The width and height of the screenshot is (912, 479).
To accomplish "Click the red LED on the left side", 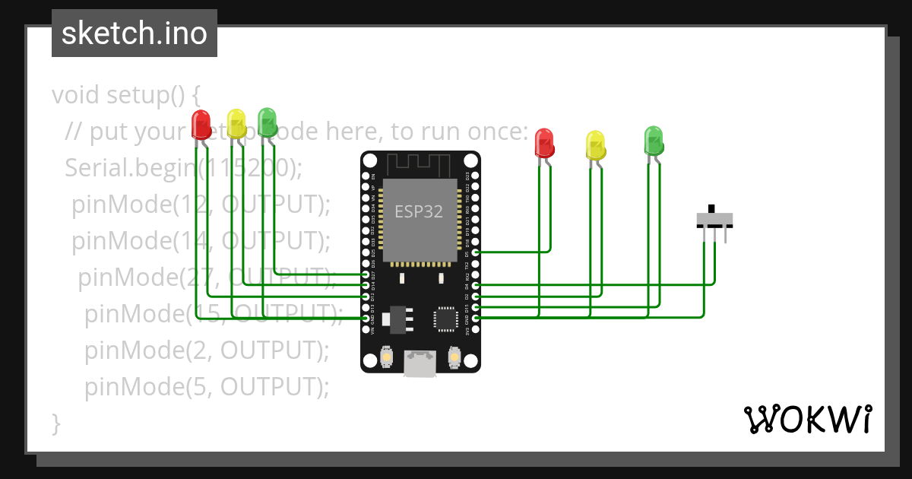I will [201, 124].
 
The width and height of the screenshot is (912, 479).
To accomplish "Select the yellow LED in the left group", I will [236, 122].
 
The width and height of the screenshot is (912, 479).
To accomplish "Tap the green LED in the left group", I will [267, 121].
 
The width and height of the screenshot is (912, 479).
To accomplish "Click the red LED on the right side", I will [544, 142].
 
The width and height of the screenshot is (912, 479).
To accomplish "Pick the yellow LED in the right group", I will [595, 144].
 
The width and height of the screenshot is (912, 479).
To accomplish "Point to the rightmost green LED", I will [653, 140].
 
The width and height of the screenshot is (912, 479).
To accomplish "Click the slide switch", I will [714, 220].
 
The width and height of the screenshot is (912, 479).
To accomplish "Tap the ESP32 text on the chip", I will [418, 211].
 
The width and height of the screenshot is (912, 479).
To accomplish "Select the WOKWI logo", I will [807, 418].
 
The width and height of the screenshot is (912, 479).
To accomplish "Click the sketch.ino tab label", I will [135, 33].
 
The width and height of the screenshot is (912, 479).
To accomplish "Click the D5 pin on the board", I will [475, 252].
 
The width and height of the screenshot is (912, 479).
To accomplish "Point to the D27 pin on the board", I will [366, 274].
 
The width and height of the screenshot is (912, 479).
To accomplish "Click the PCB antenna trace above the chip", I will [420, 163].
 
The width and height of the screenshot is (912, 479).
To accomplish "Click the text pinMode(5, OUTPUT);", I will [207, 387].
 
